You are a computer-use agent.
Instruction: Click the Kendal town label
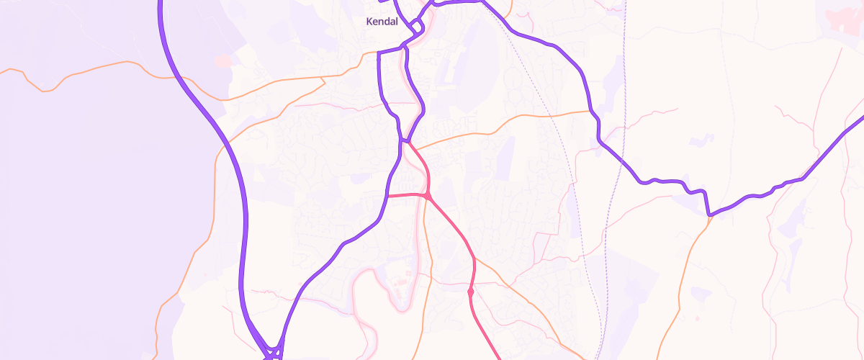(382, 22)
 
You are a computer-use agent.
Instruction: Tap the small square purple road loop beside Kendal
(417, 28)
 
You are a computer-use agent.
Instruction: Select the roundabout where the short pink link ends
(428, 196)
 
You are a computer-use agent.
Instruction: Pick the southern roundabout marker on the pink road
(470, 292)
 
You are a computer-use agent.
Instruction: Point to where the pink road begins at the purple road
(408, 141)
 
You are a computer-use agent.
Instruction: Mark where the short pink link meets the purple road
(388, 195)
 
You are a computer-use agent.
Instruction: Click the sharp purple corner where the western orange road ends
(379, 53)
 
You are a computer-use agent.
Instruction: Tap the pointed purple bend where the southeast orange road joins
(710, 215)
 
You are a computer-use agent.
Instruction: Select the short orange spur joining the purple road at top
(508, 11)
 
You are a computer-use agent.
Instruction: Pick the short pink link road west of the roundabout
(407, 194)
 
